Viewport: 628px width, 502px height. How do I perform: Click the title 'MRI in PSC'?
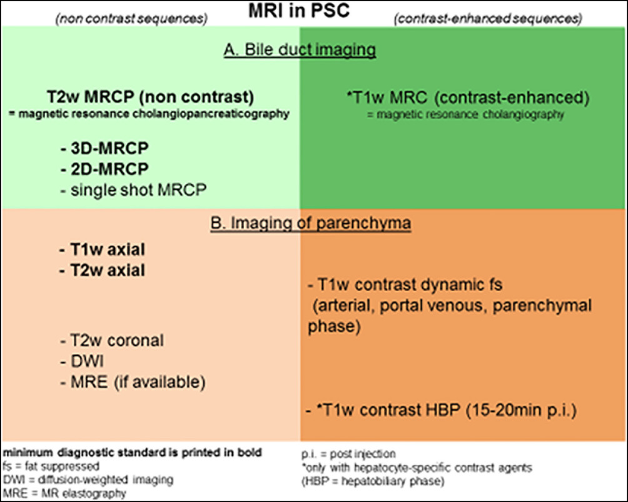(x=299, y=11)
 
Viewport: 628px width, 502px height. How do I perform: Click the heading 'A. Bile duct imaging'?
(x=300, y=50)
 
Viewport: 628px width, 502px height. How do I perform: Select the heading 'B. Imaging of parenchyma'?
(x=311, y=223)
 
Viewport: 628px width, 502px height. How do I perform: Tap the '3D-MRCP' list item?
(x=104, y=148)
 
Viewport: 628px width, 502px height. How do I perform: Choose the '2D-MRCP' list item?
(x=104, y=169)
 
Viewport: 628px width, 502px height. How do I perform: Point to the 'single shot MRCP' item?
(x=133, y=190)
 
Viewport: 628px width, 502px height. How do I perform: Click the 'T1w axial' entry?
(x=102, y=250)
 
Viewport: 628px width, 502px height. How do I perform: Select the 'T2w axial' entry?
(x=102, y=270)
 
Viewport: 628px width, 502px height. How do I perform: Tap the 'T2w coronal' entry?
(x=112, y=341)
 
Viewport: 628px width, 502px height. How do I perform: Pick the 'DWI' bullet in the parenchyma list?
(x=82, y=361)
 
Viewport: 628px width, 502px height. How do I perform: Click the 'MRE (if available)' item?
(x=133, y=382)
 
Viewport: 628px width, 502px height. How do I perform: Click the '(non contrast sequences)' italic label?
(x=131, y=19)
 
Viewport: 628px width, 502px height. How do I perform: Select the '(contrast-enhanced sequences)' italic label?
(x=488, y=18)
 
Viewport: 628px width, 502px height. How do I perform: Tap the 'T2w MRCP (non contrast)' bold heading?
(x=150, y=97)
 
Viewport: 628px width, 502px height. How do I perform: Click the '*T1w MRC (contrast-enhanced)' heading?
(x=468, y=98)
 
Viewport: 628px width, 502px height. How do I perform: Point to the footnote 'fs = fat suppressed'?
(x=51, y=466)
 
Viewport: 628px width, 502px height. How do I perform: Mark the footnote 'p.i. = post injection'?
(x=348, y=454)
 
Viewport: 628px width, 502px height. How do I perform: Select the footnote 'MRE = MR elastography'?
(x=64, y=493)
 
